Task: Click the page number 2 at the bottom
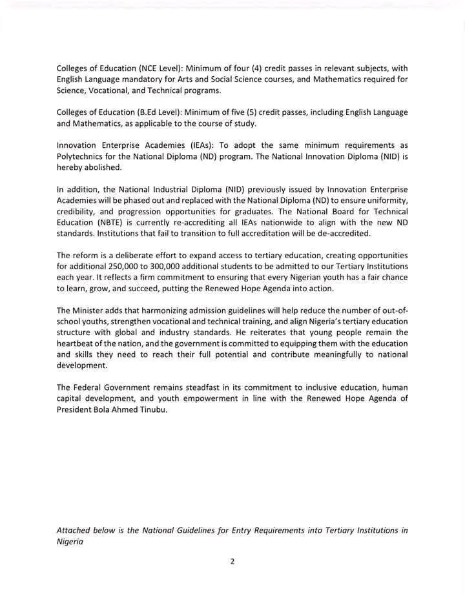[x=232, y=561]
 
